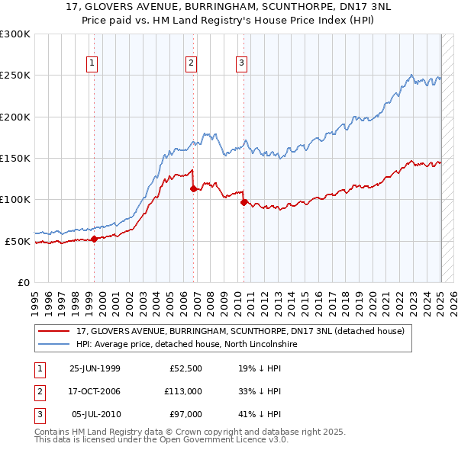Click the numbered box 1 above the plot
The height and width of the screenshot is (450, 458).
[x=92, y=63]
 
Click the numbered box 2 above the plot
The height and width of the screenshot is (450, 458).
[x=191, y=63]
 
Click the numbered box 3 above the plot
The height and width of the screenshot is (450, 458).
[x=241, y=63]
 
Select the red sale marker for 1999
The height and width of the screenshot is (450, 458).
[x=95, y=239]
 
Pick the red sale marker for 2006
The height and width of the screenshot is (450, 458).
[x=194, y=188]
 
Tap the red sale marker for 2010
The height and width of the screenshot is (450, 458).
[x=244, y=202]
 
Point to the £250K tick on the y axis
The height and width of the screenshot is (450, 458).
[x=16, y=76]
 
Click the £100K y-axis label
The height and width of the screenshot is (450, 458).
[x=16, y=199]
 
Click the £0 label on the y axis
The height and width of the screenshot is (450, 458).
[x=23, y=282]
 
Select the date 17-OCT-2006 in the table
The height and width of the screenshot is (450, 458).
[x=95, y=391]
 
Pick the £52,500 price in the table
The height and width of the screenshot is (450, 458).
[x=185, y=368]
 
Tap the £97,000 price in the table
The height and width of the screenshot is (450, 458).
[x=185, y=414]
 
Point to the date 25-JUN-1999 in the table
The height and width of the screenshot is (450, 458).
[x=95, y=368]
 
